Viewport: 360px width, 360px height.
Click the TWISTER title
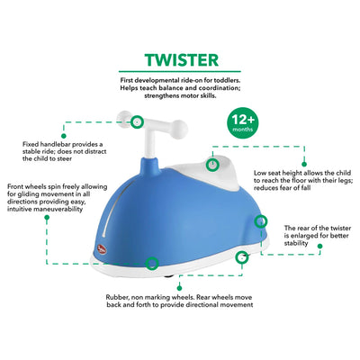(182, 60)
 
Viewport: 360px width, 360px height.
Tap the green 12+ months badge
(243, 123)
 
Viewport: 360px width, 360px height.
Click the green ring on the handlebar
(137, 122)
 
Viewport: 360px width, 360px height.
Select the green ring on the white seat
(212, 165)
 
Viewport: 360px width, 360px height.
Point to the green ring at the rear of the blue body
(261, 221)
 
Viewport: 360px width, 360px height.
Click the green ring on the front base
(152, 263)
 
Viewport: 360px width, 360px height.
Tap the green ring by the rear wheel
(241, 257)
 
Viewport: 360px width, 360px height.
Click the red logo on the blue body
(101, 248)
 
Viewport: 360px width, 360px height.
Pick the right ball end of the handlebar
(181, 128)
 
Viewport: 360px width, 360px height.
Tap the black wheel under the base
(168, 276)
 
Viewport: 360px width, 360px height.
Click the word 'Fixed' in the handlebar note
(31, 144)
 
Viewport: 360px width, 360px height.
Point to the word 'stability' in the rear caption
(296, 243)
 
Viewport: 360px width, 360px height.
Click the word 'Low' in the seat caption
(260, 173)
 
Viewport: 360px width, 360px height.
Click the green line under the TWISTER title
(180, 72)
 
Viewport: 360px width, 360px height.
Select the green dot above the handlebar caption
(63, 136)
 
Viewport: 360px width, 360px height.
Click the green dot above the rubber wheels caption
(179, 288)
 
